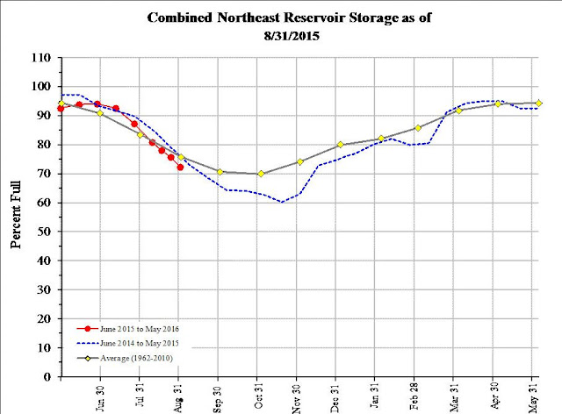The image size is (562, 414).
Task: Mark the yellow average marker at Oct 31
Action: tap(261, 174)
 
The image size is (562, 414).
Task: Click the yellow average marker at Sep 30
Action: tap(220, 172)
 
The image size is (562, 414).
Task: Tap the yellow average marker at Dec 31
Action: tap(340, 145)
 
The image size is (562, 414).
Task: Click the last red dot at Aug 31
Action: tap(180, 167)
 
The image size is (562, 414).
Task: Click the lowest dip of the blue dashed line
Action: tap(282, 202)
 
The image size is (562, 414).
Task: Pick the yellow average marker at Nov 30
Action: tap(300, 161)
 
